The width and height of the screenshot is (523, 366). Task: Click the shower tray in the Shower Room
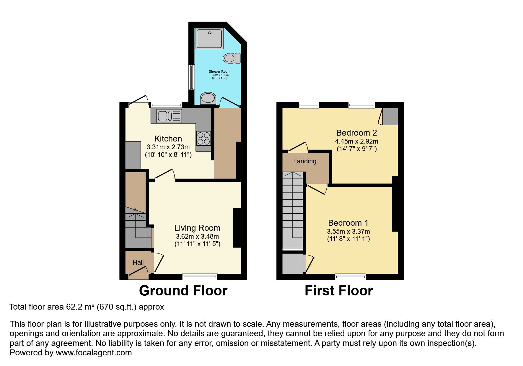click(209, 38)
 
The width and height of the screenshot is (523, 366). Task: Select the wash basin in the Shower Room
click(208, 98)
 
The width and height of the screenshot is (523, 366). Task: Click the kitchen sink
click(169, 116)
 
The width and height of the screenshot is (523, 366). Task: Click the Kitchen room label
click(168, 139)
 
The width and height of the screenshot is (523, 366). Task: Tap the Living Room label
click(197, 228)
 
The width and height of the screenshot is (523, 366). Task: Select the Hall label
click(138, 262)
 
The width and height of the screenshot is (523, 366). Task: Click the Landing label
click(304, 161)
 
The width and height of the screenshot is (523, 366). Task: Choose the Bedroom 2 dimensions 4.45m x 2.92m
click(356, 141)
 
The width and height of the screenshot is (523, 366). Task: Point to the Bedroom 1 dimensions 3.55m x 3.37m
click(348, 232)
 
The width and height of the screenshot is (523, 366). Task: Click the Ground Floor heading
click(183, 291)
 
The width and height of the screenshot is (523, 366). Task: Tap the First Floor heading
click(339, 291)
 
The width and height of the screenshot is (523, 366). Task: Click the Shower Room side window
click(192, 77)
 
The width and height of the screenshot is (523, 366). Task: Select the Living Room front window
click(200, 277)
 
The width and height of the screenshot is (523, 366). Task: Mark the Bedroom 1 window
click(351, 277)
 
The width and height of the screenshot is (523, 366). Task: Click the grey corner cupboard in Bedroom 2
click(390, 116)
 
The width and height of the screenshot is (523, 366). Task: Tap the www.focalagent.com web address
click(94, 353)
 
